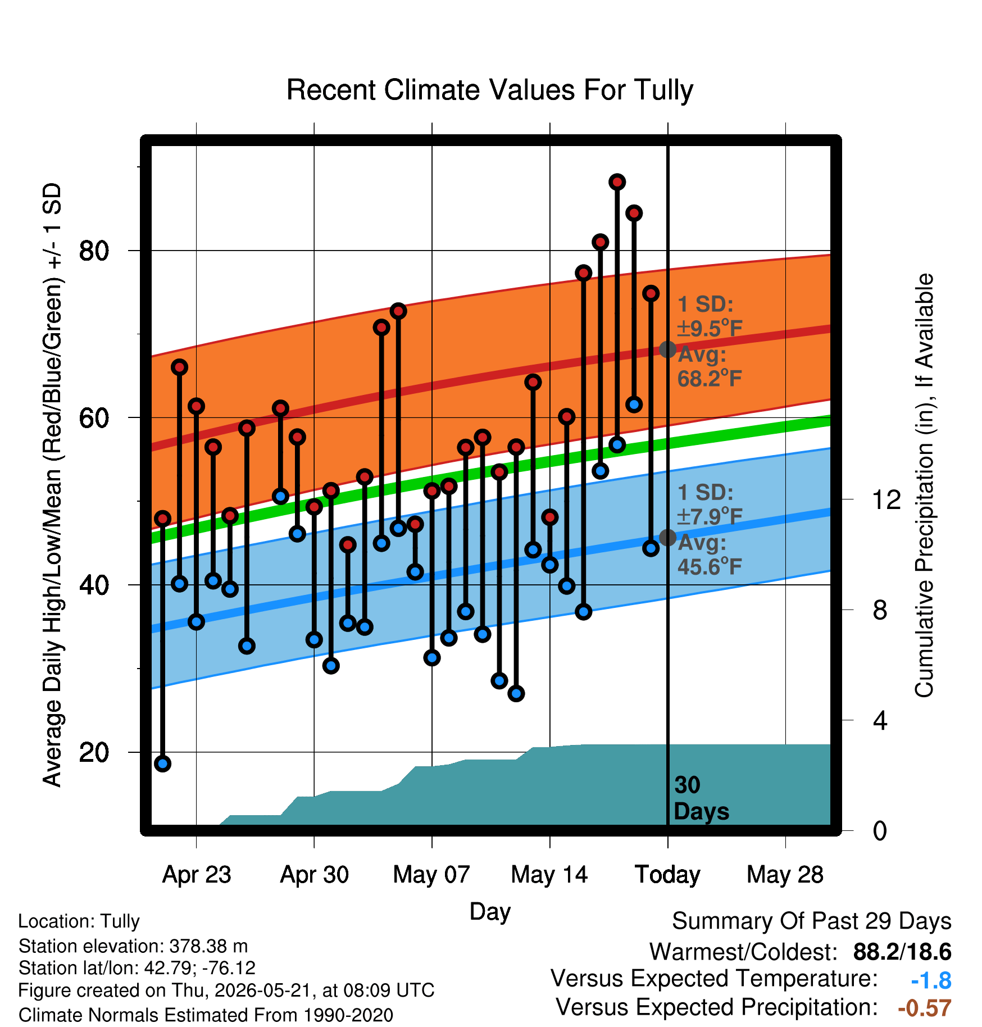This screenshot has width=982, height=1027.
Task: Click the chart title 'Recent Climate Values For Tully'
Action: click(x=490, y=90)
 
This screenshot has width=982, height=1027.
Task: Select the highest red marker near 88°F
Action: click(x=617, y=182)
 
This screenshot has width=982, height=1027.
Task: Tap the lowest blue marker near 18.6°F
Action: click(x=163, y=764)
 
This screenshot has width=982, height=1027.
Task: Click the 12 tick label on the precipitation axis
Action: click(x=886, y=499)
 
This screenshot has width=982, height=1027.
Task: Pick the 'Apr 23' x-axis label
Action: click(x=197, y=874)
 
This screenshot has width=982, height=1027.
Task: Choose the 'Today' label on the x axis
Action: click(x=667, y=874)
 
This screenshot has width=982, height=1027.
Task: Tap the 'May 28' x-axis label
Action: click(x=785, y=874)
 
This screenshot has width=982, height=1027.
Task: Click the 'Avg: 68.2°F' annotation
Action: click(x=710, y=367)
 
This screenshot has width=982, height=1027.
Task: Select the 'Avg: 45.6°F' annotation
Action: click(x=710, y=555)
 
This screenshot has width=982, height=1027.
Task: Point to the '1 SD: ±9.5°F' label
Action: click(x=710, y=316)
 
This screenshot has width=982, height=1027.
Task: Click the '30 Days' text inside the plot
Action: click(x=701, y=798)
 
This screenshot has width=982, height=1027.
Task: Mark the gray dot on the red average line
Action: click(x=667, y=349)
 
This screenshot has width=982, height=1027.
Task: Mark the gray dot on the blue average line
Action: click(x=667, y=538)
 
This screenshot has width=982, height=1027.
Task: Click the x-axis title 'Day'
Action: click(x=490, y=911)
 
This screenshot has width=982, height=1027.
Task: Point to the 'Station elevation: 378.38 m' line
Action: click(x=133, y=946)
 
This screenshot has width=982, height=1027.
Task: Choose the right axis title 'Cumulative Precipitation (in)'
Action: click(x=924, y=485)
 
